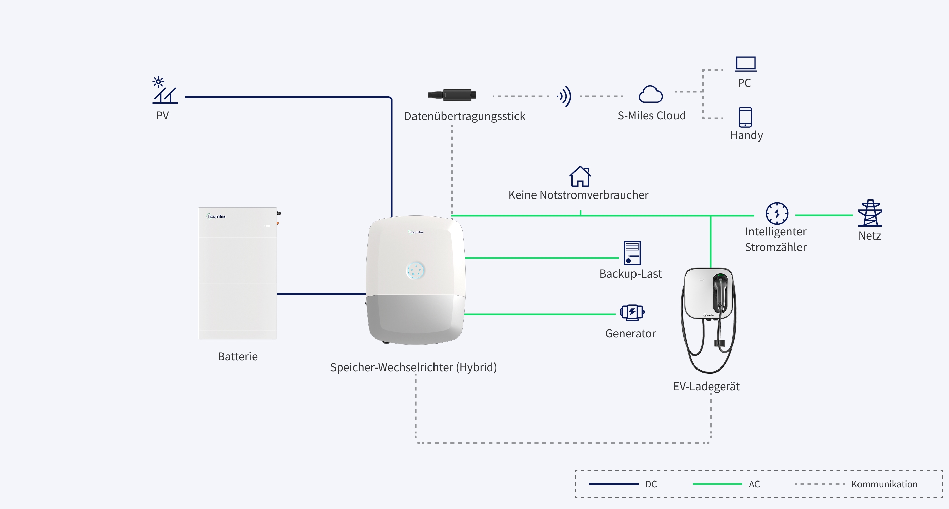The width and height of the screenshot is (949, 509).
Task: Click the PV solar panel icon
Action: (165, 90)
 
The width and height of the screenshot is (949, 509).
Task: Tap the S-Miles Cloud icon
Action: (651, 94)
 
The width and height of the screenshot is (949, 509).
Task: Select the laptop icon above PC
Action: (746, 64)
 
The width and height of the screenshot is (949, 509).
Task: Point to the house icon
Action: (580, 176)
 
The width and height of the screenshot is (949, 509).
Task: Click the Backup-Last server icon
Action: (632, 253)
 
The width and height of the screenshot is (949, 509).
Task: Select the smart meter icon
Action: (777, 213)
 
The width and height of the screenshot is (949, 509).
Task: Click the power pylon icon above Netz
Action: (870, 213)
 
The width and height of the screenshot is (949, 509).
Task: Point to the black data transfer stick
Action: (452, 95)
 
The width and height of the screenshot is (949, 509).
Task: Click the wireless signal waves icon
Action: (564, 96)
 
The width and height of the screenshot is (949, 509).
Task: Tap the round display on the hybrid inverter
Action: (416, 270)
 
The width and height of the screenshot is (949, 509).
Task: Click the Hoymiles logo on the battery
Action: (216, 216)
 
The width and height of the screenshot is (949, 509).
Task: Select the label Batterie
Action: (238, 356)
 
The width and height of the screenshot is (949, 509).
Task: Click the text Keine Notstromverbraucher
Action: (579, 195)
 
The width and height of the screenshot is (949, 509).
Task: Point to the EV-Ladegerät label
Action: (706, 386)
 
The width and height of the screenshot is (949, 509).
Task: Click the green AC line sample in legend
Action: (717, 484)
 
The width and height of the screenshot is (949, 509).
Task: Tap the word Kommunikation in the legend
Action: (884, 484)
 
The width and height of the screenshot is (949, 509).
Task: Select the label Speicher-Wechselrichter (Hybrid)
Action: (413, 367)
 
